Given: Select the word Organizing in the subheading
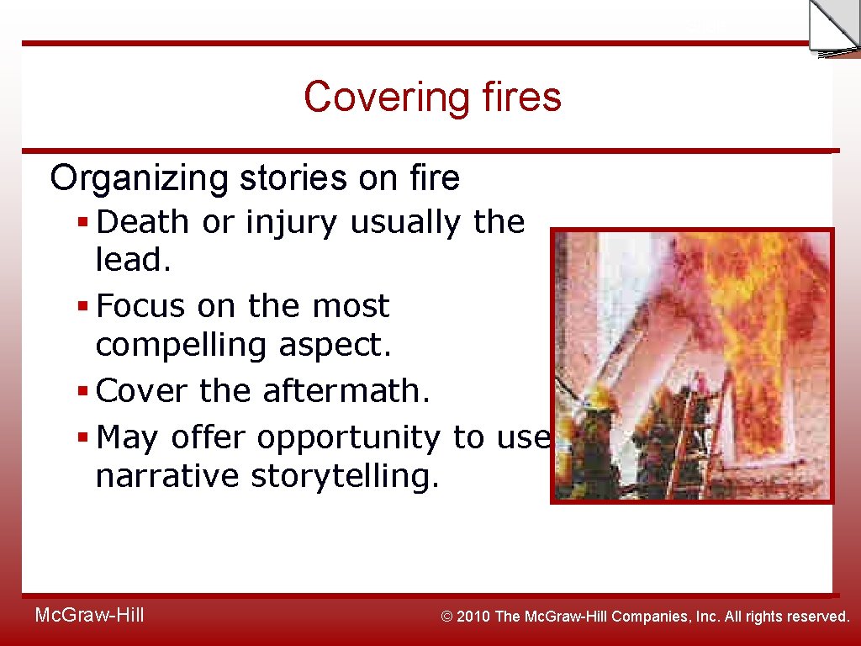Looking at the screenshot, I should (x=140, y=178).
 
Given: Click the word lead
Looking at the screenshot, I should (x=133, y=260).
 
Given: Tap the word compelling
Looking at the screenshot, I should (x=173, y=345).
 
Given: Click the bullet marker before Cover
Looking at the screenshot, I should (x=82, y=391).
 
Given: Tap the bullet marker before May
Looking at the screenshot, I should (x=82, y=438).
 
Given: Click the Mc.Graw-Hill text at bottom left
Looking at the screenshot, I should (x=89, y=616).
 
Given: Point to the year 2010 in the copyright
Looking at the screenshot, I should (x=476, y=617).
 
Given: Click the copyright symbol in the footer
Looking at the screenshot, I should (x=448, y=617).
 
